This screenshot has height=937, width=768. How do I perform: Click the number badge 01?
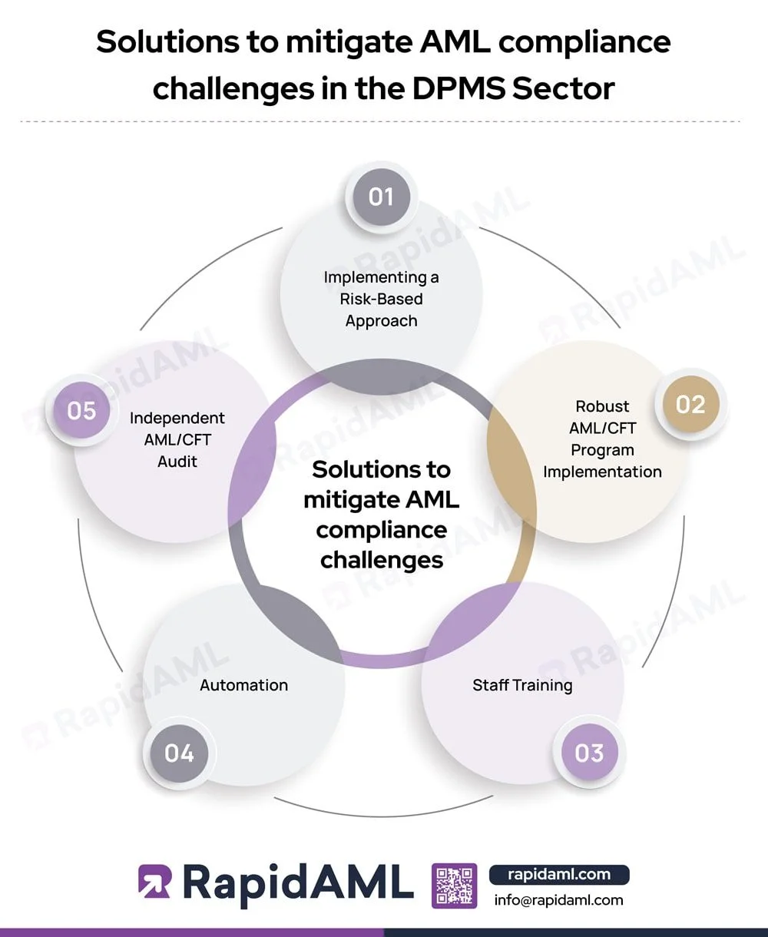(381, 197)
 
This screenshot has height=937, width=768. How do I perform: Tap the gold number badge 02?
(690, 404)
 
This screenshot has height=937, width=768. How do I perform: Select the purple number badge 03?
(589, 753)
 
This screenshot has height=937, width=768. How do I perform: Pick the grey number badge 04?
(179, 753)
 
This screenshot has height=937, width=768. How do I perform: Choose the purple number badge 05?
(81, 410)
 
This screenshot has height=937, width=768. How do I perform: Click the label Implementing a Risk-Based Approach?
(381, 299)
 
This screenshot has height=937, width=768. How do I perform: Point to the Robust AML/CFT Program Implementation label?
(602, 439)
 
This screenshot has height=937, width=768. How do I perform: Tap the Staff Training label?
(522, 684)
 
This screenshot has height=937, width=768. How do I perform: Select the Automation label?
(243, 685)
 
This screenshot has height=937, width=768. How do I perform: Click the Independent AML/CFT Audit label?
(177, 439)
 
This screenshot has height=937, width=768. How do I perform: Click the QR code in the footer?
(455, 885)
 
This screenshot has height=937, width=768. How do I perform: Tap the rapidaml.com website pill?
(559, 874)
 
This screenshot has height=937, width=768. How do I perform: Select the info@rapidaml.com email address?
(559, 900)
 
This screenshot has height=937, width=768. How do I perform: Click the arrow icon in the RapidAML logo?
(154, 882)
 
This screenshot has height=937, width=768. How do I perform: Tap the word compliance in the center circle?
(382, 530)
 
